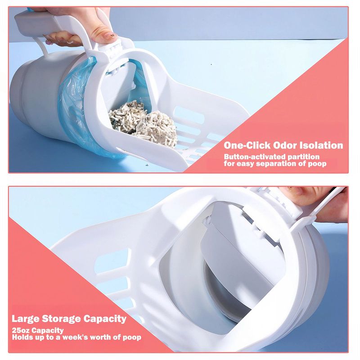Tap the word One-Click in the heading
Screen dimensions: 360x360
coord(247,145)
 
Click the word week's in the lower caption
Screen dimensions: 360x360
coord(75,337)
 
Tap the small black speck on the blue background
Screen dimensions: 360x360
coord(211,64)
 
